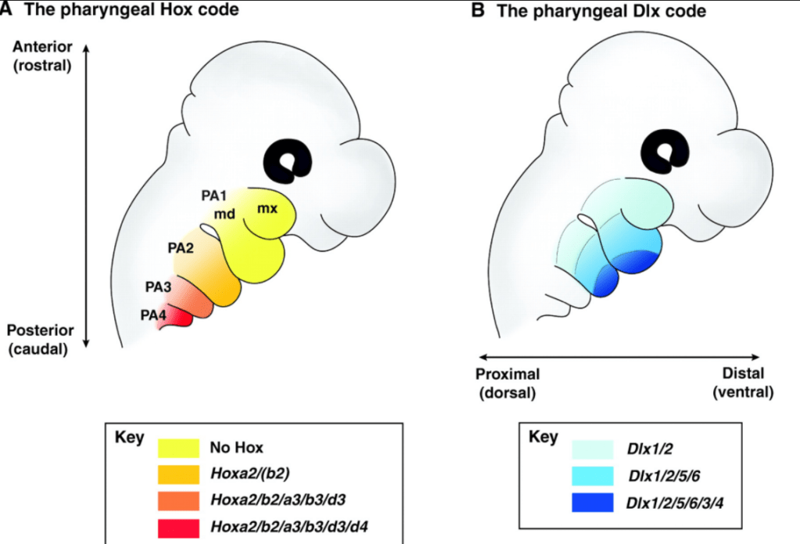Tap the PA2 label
tap(181, 248)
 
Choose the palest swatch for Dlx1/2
tap(592, 449)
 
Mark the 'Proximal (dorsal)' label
tap(508, 383)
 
